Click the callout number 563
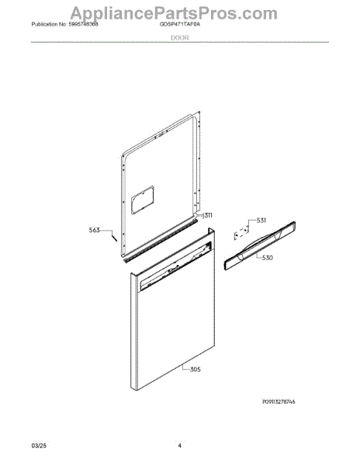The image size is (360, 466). (95, 230)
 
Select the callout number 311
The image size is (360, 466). (207, 215)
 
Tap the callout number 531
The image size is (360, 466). (261, 221)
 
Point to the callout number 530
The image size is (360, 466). (268, 258)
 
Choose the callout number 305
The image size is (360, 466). (195, 370)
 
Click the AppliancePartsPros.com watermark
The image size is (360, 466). (174, 13)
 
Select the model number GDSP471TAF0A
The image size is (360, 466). (180, 25)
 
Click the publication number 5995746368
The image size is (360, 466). (83, 25)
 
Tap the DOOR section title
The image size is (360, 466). (180, 38)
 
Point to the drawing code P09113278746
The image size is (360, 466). (279, 402)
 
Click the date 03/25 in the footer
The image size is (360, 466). (39, 446)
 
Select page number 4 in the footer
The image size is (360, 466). (179, 446)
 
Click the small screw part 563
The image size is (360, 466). (114, 238)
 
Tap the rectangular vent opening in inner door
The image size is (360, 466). (143, 200)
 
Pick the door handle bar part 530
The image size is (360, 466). (260, 245)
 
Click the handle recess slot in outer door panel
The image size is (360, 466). (176, 266)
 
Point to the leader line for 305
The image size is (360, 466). (185, 367)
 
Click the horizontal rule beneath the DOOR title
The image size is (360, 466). (180, 42)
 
